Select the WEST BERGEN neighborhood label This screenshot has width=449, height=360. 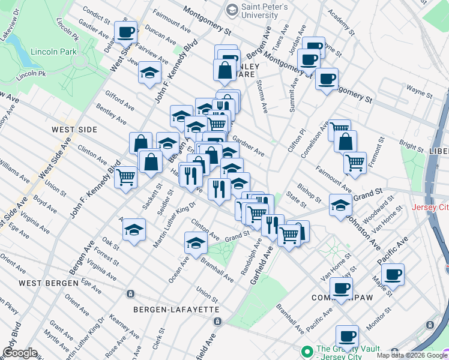49,283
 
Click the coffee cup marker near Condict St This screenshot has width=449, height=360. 126,33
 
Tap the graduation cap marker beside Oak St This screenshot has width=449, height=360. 134,230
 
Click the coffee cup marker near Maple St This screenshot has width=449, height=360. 393,275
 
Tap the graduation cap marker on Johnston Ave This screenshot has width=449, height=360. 340,206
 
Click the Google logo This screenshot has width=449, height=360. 20,353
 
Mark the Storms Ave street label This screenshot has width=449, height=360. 262,96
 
